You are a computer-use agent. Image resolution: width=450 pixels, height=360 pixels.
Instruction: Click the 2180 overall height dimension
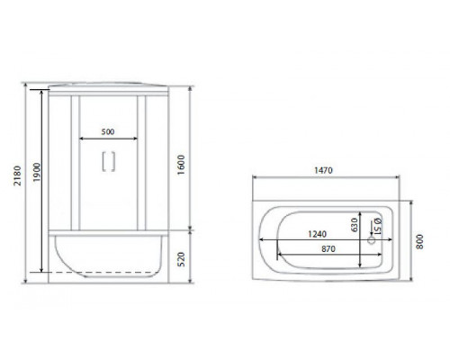pos(18,175)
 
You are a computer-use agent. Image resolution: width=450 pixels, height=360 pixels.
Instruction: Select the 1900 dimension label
pos(37,172)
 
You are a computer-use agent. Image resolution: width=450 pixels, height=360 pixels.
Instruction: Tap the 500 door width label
pos(108,131)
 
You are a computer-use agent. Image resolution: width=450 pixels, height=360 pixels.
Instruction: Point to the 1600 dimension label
pos(181,165)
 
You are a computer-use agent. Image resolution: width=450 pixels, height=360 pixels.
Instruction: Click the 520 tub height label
pos(181,259)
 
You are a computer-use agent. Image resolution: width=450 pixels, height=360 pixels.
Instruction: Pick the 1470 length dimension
pos(323,170)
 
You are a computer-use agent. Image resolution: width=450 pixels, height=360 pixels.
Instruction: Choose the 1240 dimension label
pos(318,234)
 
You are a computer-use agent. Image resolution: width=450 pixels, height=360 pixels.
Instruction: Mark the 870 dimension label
pos(328,249)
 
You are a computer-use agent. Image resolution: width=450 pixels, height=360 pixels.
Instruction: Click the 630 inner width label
pos(355,225)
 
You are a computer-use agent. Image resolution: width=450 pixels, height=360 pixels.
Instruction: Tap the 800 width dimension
pos(419,241)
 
